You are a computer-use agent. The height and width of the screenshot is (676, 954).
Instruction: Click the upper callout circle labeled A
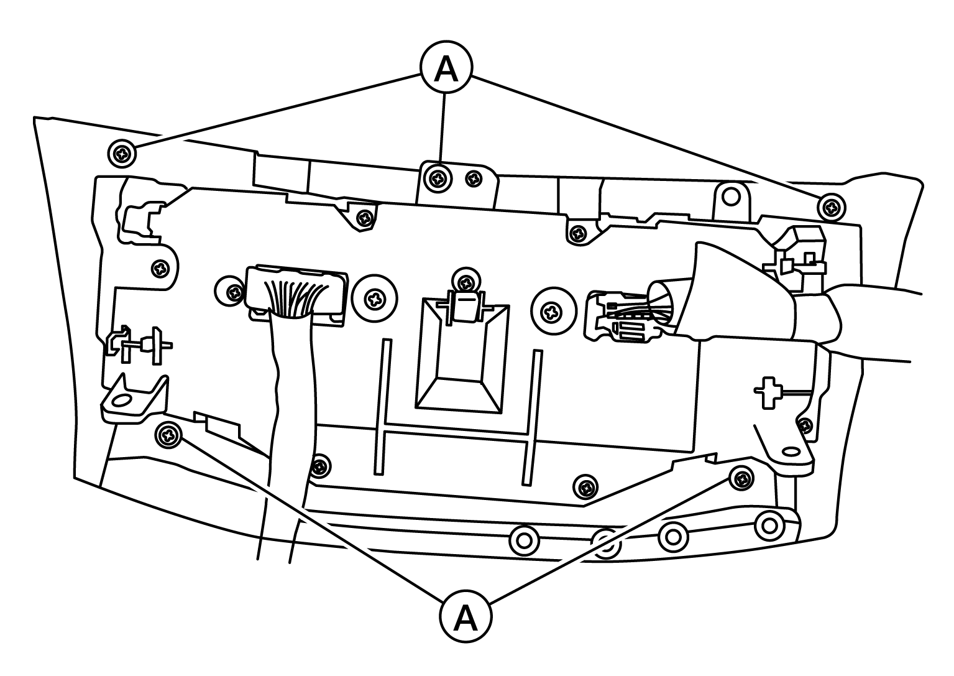coord(446,67)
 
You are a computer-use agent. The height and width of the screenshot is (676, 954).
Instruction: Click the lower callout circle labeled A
coord(466,616)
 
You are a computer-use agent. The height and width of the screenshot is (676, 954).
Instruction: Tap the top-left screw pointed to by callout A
coord(122,154)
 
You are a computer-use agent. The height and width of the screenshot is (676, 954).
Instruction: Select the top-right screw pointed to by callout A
coord(832,207)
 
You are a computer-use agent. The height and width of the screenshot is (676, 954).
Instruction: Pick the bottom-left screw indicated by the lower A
coord(168,435)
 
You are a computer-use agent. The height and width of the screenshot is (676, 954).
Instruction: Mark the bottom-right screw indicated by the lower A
coord(741,478)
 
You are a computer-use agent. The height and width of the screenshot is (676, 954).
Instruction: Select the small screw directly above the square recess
coord(467,281)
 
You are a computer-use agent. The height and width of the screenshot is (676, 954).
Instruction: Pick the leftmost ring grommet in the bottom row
coord(524,541)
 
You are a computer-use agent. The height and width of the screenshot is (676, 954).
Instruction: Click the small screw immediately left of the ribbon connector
coord(231,292)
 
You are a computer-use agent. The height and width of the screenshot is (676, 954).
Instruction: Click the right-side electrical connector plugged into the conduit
coord(618,315)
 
